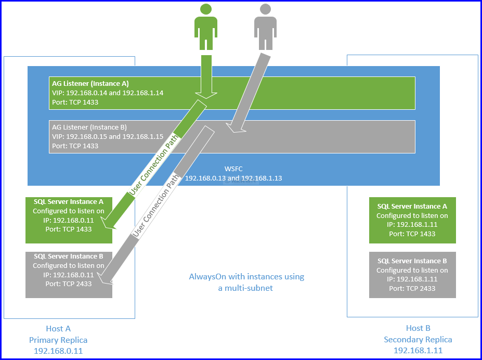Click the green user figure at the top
pos(205,29)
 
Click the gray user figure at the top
pos(265,29)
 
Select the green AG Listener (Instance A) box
pos(232,93)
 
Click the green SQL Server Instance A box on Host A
pos(69,220)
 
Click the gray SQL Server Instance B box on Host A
pos(69,275)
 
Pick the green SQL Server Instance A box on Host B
pos(412,220)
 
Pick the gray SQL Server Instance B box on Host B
pos(412,275)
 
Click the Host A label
pos(58,328)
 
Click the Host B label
pos(418,328)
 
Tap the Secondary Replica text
pos(418,340)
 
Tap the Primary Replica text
pos(58,340)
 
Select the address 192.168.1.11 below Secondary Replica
pos(418,351)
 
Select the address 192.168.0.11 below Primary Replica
pos(58,351)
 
